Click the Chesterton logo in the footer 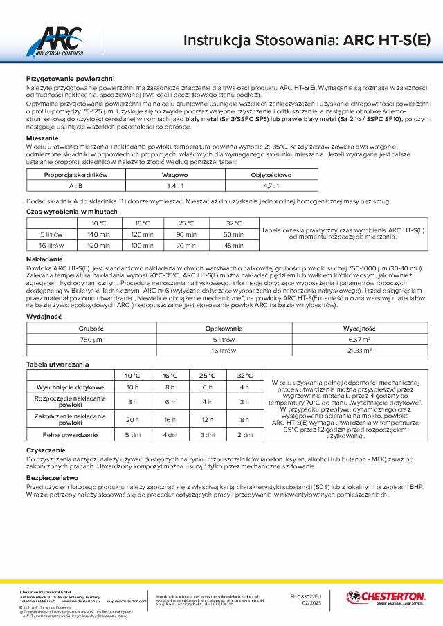point(385,596)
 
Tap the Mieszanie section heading point(42,138)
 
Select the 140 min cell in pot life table point(99,234)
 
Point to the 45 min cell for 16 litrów point(233,245)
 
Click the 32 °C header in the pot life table point(233,223)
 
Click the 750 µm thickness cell point(91,340)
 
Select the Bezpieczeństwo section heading point(52,477)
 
